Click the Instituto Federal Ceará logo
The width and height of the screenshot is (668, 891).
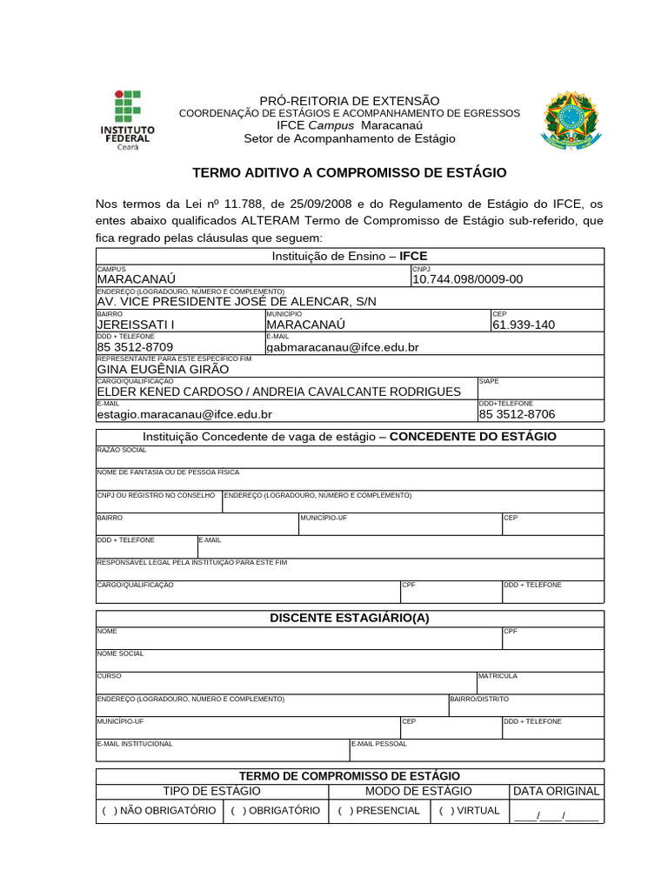[130, 120]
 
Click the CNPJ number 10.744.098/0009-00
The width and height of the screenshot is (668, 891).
[467, 279]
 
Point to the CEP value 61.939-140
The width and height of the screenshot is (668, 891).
[523, 325]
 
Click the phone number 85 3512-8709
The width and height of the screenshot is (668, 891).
[135, 347]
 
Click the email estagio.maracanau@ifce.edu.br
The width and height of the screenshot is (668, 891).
[184, 415]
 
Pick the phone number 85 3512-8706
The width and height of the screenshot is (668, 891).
[517, 415]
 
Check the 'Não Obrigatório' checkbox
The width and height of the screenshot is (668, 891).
[105, 811]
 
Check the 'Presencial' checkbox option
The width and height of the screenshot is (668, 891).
[342, 811]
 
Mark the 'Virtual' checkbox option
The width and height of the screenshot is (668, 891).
[443, 811]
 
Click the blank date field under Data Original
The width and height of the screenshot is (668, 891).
[556, 815]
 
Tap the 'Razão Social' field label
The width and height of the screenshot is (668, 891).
[122, 450]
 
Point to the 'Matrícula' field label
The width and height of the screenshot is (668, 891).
[498, 676]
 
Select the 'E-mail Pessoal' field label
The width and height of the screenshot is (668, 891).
[379, 744]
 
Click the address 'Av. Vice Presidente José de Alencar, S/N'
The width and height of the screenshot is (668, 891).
[237, 301]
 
